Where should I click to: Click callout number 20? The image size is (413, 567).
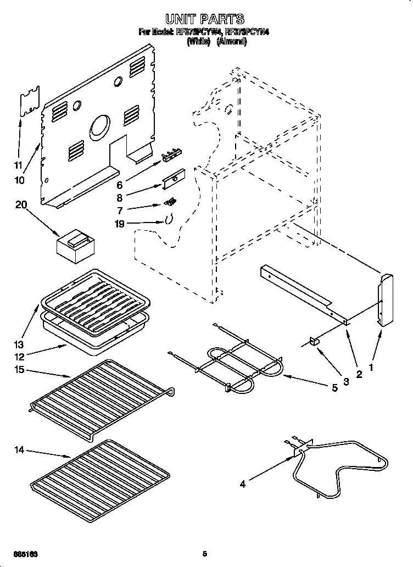(21, 204)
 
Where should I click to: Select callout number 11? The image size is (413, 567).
(18, 165)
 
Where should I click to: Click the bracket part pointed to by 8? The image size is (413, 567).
(175, 177)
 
